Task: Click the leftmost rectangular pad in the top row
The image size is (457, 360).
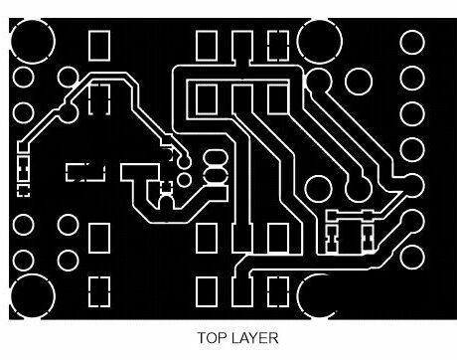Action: point(99,45)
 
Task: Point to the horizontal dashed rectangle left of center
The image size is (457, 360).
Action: point(85,171)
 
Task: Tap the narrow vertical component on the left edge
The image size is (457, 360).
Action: point(23,171)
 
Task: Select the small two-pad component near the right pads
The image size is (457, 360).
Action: point(349,235)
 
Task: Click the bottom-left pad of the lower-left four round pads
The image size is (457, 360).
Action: point(25,261)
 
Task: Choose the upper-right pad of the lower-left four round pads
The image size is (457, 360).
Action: point(68,223)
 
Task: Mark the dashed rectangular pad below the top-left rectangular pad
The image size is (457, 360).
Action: point(99,99)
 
